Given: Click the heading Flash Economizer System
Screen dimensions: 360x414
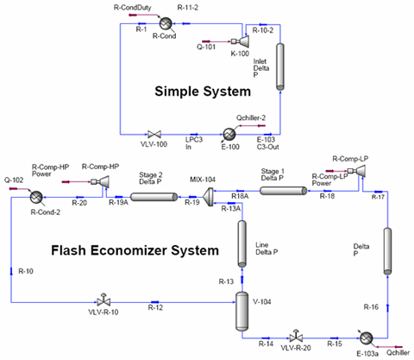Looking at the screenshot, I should [121, 251].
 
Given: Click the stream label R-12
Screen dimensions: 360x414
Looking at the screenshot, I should [155, 308].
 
